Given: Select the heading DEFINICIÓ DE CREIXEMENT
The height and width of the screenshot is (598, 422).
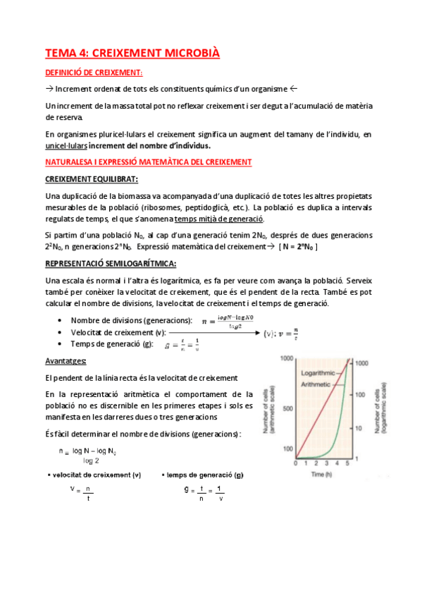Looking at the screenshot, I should pos(94,73).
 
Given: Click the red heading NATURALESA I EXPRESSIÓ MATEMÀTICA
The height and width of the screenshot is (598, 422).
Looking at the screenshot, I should pos(148,161).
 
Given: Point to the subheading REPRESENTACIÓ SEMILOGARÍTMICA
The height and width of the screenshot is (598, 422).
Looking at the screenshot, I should pos(110,264).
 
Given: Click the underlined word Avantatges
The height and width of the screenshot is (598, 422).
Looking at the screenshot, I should pos(66,360).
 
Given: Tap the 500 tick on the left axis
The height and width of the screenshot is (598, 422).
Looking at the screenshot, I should pos(287,408).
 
